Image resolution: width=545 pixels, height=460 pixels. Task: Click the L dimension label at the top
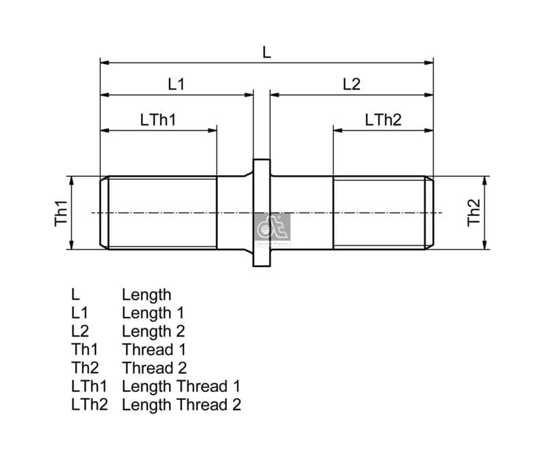click(x=266, y=52)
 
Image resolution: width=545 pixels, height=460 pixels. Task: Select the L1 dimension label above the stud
click(x=176, y=84)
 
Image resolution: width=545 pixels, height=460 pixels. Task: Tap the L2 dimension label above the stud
click(x=352, y=84)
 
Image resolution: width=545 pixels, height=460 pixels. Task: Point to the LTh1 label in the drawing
click(x=158, y=120)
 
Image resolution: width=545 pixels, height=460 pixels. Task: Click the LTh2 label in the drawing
click(x=383, y=120)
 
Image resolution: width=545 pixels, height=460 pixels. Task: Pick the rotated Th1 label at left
click(x=61, y=213)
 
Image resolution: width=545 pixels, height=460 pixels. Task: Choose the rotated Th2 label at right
click(x=474, y=213)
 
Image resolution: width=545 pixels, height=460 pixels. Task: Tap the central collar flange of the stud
click(x=262, y=213)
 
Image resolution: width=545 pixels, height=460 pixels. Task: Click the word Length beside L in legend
click(x=146, y=295)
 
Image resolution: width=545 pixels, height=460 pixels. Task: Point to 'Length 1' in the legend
click(x=153, y=313)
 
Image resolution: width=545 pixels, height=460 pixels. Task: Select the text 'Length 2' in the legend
click(x=153, y=332)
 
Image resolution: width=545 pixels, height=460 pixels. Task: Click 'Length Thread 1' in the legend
click(x=181, y=387)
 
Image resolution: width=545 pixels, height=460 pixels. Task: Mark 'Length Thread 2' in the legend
click(x=181, y=405)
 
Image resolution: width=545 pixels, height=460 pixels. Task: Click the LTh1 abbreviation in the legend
click(x=89, y=387)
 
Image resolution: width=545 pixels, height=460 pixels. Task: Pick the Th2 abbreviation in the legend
click(x=84, y=369)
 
